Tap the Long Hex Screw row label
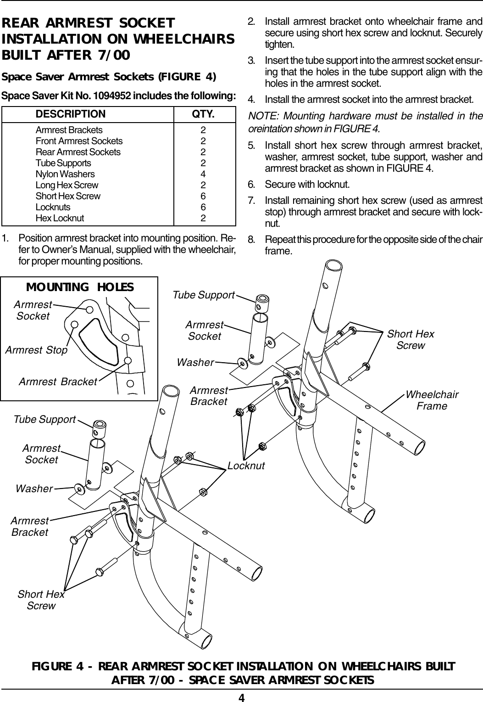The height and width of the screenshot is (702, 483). click(x=67, y=185)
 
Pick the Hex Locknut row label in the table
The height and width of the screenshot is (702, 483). click(x=60, y=218)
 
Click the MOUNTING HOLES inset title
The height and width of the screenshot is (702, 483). click(x=80, y=287)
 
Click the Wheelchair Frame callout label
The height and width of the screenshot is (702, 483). click(x=432, y=400)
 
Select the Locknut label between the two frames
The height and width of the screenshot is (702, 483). click(x=246, y=466)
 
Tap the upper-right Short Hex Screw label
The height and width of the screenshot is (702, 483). click(x=411, y=339)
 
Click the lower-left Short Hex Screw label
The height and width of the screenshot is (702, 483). click(x=41, y=600)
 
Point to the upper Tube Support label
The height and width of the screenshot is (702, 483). click(x=204, y=295)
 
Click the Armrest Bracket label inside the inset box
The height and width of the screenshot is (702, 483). click(x=58, y=382)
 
